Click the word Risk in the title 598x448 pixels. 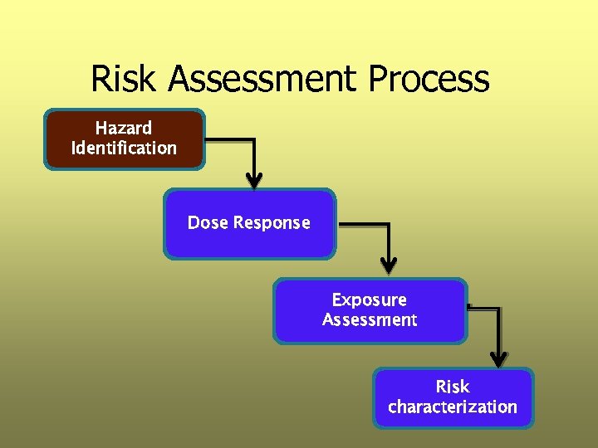(x=124, y=80)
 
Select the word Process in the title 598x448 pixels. (x=429, y=80)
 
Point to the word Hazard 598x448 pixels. (x=124, y=128)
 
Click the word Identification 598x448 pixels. (x=124, y=149)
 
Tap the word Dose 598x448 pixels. (x=208, y=222)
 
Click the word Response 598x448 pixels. (x=272, y=222)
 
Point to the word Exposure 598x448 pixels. (x=370, y=299)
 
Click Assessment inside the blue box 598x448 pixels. (x=370, y=320)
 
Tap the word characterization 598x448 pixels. (x=453, y=407)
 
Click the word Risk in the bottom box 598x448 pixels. (x=453, y=387)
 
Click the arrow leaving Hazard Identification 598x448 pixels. (x=233, y=139)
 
